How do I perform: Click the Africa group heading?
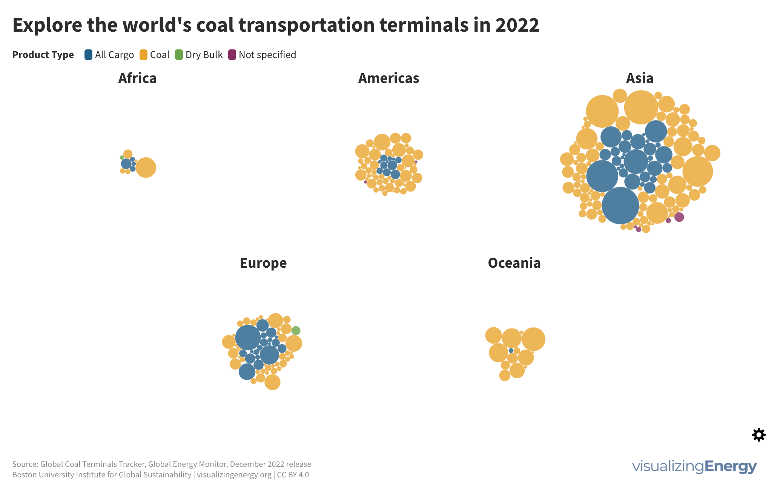(x=137, y=78)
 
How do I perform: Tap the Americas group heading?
(x=388, y=78)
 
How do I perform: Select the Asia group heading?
(x=640, y=78)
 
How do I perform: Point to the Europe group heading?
(x=263, y=263)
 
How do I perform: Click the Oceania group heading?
(x=514, y=263)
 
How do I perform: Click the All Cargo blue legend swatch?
(x=88, y=55)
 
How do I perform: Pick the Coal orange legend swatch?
(x=143, y=55)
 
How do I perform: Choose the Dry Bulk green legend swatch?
(x=179, y=55)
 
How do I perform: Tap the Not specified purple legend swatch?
(x=232, y=55)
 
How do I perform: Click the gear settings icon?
(x=759, y=435)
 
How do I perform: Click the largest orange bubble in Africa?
(x=146, y=167)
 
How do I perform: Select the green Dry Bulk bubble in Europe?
(x=296, y=331)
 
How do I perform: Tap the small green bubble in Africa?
(x=122, y=158)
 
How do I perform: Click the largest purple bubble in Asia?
(x=679, y=217)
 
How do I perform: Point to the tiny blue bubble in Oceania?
(x=511, y=351)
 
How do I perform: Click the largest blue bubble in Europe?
(x=248, y=337)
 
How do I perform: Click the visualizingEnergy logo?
(x=694, y=466)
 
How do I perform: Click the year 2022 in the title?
(x=517, y=25)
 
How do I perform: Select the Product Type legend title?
(x=43, y=55)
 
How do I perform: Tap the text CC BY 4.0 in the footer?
(x=293, y=475)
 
